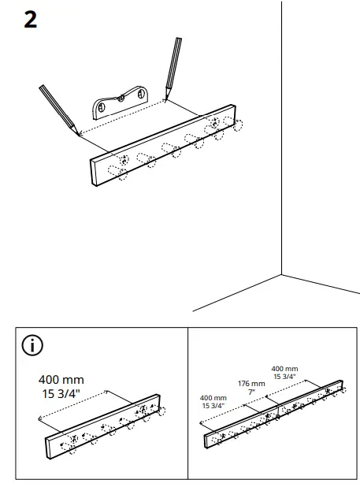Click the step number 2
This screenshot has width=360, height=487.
tap(30, 20)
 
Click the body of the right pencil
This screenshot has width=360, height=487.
tap(173, 68)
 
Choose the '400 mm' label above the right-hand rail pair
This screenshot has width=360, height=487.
tap(284, 369)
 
